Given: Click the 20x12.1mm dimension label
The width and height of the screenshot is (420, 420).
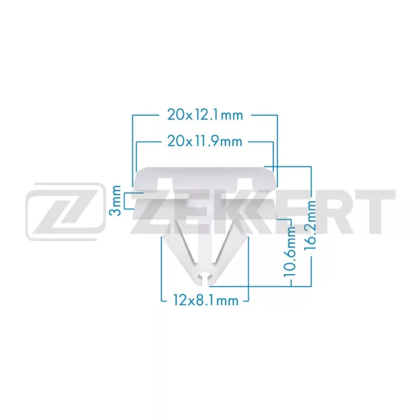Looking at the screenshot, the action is coord(205,115).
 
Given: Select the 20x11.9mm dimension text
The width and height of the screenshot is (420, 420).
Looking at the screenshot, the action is coord(205,141).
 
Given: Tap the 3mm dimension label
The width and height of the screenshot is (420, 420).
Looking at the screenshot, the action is coord(116,197).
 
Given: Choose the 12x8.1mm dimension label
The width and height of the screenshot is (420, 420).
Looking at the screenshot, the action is coord(206,301).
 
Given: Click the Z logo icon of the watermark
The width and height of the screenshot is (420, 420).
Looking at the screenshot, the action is coord(66,211).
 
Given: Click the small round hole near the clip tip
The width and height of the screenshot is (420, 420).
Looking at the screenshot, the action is coord(205,276).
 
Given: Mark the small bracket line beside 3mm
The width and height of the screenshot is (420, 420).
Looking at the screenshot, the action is coord(125,200).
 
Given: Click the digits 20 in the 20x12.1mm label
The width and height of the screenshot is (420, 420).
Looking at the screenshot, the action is coord(175,115).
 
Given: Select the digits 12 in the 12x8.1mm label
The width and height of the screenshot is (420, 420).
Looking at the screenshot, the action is coord(181,301).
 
